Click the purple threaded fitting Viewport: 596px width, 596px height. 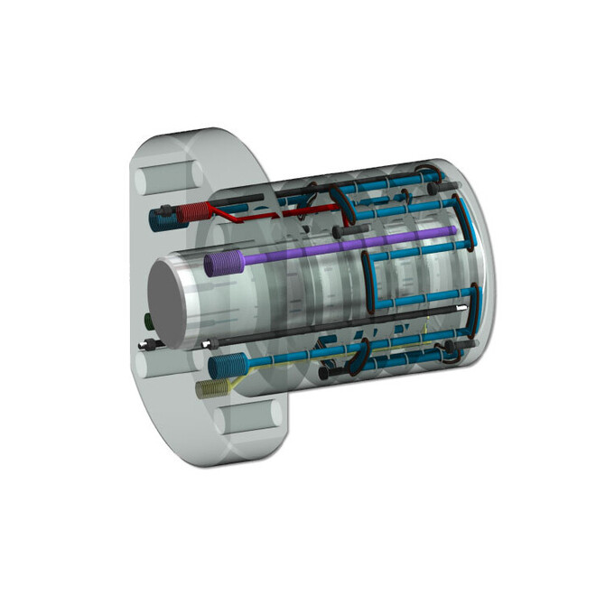click(222, 263)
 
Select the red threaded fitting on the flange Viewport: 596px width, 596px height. click(191, 213)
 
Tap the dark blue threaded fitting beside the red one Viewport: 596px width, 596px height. click(163, 218)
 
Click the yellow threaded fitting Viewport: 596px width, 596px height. click(209, 388)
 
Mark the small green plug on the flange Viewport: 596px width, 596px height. click(147, 320)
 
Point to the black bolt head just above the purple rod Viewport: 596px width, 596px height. click(347, 232)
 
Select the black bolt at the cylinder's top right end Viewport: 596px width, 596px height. click(446, 186)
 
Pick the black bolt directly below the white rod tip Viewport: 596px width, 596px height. click(469, 344)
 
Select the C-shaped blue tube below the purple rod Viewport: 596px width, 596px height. click(370, 280)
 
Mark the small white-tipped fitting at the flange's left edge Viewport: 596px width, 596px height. click(144, 345)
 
